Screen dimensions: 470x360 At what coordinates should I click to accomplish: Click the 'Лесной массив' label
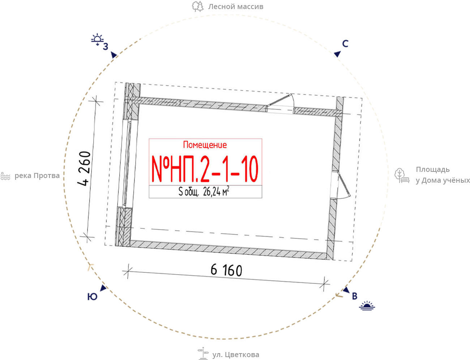[236, 7]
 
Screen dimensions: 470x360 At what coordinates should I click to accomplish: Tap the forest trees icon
[197, 6]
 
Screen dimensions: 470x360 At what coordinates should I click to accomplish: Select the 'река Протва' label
[37, 176]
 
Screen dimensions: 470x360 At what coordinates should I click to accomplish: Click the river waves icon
[5, 176]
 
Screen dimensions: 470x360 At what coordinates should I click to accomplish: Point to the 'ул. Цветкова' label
[236, 355]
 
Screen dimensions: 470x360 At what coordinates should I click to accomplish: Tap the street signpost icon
[203, 353]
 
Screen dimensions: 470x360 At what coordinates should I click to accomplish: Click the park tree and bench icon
[402, 175]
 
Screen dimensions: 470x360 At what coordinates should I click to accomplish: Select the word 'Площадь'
[432, 170]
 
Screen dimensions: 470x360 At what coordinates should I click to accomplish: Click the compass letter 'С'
[345, 44]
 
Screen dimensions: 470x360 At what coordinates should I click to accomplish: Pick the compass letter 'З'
[106, 47]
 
